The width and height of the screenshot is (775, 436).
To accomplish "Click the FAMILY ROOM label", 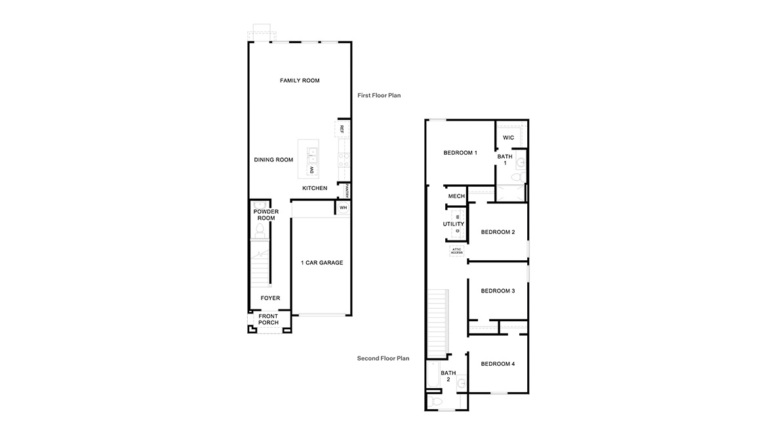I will [x=299, y=81].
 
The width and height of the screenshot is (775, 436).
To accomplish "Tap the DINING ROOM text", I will [x=273, y=160].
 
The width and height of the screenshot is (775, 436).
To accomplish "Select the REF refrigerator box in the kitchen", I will [x=342, y=129].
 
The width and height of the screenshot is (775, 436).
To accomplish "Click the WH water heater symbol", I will [x=343, y=208].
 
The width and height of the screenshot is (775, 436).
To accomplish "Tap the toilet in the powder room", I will [x=260, y=230].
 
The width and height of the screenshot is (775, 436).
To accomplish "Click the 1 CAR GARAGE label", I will [x=321, y=263].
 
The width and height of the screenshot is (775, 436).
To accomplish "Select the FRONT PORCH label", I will [x=268, y=320].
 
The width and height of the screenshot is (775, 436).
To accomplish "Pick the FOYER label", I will [x=270, y=298].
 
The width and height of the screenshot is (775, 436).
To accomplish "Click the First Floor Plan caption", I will [x=378, y=96].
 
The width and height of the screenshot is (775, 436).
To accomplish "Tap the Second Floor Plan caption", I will [x=383, y=359].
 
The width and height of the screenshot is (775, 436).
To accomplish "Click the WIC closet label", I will [x=508, y=138].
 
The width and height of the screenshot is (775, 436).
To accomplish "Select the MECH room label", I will [x=456, y=197].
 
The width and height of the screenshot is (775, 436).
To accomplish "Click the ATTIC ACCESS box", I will [x=456, y=251].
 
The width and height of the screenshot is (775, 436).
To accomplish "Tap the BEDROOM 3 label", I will [x=498, y=291].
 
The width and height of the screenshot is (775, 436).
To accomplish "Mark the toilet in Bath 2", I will [x=437, y=401].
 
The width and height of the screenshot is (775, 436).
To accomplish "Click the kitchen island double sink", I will [x=313, y=155].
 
